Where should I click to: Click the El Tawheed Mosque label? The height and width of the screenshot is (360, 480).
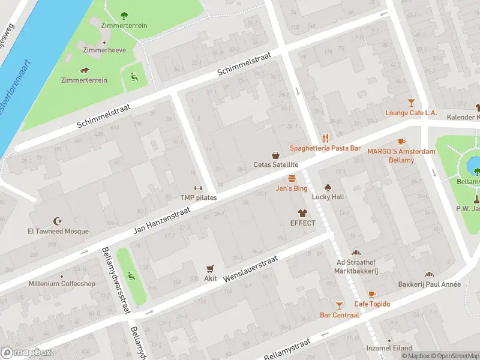[58, 232]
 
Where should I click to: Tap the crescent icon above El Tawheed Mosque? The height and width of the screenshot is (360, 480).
[58, 221]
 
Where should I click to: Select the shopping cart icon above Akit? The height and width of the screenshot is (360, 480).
[210, 269]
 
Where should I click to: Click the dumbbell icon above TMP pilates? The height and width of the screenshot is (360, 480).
[198, 188]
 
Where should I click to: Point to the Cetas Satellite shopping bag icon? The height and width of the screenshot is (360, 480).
[275, 155]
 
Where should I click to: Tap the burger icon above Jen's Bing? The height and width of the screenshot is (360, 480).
[292, 178]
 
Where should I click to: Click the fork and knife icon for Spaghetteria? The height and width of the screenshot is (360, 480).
[325, 138]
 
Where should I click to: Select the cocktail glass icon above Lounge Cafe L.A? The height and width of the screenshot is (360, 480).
[411, 103]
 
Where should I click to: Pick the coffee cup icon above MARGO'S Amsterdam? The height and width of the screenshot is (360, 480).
[401, 142]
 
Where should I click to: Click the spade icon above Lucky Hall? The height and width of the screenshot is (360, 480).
[328, 187]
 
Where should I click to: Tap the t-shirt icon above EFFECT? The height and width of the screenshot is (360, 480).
[302, 213]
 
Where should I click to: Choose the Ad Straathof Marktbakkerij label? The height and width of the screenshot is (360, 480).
[356, 266]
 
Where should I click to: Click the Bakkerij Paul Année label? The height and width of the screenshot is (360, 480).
[429, 284]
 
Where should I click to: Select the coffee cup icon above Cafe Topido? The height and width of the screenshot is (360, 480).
[372, 294]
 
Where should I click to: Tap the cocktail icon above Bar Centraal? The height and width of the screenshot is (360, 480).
[340, 305]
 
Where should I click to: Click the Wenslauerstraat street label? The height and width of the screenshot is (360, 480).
[250, 268]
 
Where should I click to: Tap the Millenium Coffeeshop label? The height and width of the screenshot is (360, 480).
[62, 284]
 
